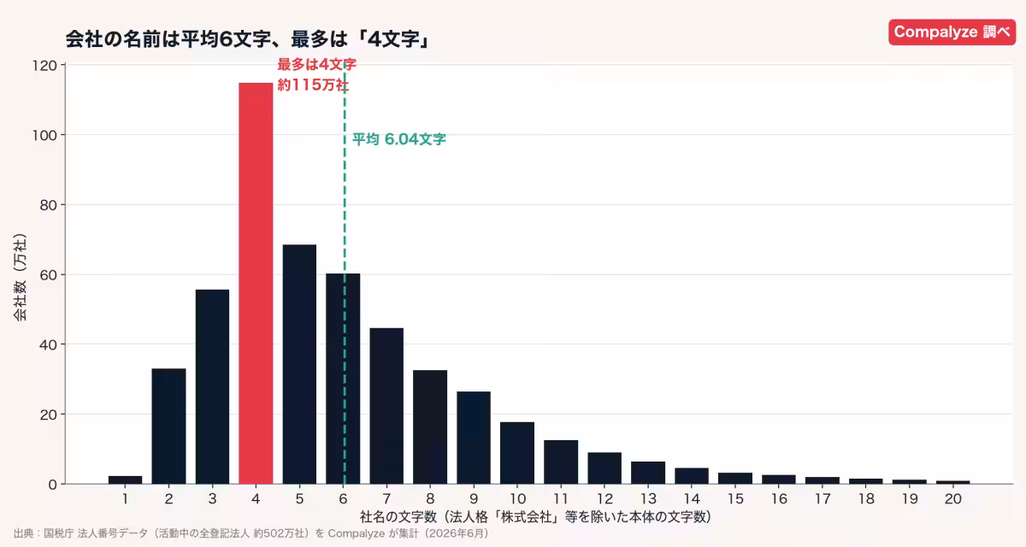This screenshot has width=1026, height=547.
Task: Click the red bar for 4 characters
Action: [x=256, y=283]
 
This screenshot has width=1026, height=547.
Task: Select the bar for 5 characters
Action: [x=299, y=364]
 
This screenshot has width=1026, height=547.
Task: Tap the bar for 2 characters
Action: [x=168, y=426]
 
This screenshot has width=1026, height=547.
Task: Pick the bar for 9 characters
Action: [x=474, y=437]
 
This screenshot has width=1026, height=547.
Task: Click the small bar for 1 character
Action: [x=125, y=479]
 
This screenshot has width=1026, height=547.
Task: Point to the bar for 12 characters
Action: [x=604, y=468]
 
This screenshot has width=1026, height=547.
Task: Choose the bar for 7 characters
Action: [x=386, y=406]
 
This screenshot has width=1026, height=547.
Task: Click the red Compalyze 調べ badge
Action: [x=952, y=32]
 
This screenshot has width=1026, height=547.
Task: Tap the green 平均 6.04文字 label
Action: [x=398, y=139]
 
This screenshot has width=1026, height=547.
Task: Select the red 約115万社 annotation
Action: [x=313, y=85]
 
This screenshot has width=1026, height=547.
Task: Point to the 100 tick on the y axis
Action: [x=44, y=136]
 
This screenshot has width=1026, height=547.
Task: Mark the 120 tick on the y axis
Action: [x=44, y=66]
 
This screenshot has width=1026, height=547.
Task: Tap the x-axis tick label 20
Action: [x=953, y=498]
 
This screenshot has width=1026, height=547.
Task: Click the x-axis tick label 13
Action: [x=648, y=498]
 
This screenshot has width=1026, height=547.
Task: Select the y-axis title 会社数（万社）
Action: [x=21, y=278]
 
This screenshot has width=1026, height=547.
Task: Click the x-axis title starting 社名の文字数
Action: [x=535, y=517]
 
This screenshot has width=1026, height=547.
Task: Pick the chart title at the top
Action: [x=247, y=39]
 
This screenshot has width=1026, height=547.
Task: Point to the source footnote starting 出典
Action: [x=252, y=533]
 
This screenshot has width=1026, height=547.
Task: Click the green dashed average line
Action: [x=345, y=273]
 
